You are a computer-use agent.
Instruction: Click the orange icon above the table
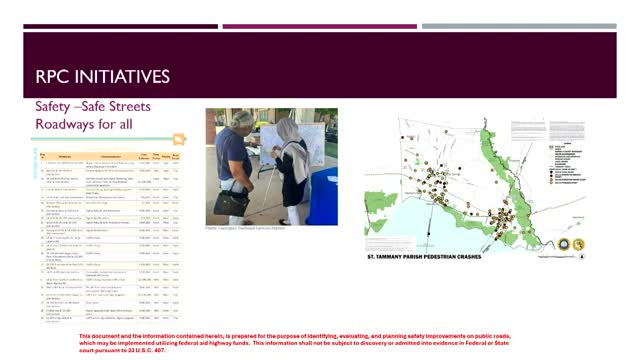coord(177,139)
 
